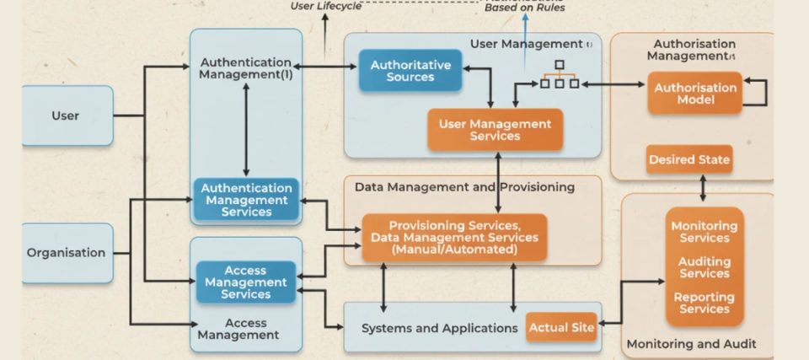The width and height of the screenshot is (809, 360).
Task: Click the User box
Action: [66, 116]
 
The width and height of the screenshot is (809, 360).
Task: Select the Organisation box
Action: [66, 253]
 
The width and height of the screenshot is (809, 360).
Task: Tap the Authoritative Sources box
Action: [410, 71]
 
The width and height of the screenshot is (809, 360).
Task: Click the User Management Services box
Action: [495, 130]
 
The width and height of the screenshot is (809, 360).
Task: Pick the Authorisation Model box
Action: [695, 94]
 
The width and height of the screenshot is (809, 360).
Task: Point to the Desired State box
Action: [689, 159]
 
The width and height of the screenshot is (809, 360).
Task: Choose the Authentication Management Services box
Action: [247, 201]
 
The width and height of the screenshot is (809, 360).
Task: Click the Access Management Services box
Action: [247, 282]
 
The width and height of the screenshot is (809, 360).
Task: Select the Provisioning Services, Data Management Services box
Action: [454, 238]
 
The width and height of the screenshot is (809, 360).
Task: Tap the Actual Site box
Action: [561, 326]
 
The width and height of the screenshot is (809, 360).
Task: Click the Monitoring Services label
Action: [705, 232]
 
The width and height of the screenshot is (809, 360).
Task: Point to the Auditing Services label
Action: [705, 267]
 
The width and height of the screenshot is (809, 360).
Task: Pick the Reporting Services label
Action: [705, 303]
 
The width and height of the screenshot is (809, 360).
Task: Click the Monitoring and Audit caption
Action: [691, 344]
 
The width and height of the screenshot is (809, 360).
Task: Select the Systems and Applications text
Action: [439, 328]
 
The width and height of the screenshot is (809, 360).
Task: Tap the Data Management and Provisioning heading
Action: [464, 186]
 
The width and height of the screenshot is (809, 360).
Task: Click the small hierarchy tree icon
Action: [559, 75]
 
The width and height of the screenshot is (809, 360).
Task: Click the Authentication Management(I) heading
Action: [245, 68]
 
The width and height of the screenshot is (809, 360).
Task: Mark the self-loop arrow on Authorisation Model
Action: [758, 93]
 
